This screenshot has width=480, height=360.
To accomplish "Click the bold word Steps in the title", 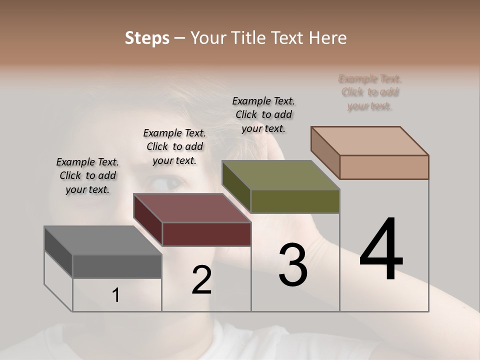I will point(146,38).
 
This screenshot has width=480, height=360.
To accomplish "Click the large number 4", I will point(381,250).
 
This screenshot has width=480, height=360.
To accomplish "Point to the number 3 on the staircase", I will point(293,265).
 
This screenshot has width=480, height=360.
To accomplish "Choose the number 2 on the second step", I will point(201,280).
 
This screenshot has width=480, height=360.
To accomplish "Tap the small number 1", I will point(116,295).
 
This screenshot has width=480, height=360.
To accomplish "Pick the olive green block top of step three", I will point(280,175).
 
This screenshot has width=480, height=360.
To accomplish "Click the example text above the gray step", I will point(87,175).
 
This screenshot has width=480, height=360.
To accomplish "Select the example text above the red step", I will point(174,146).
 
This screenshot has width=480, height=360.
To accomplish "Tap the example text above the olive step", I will point(263,114).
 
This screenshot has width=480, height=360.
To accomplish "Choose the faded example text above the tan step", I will point(370,92).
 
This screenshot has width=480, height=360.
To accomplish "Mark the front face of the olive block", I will point(295,201).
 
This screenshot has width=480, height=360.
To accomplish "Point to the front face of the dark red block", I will point(206,234).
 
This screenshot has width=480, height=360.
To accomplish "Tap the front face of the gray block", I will point(117,266).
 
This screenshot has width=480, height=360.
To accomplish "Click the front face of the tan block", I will point(384,167).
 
